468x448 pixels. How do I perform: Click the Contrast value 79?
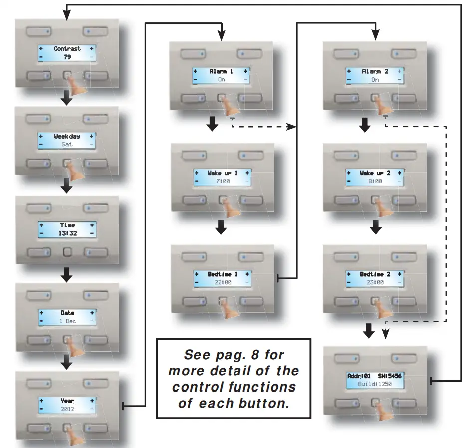pyautogui.click(x=67, y=57)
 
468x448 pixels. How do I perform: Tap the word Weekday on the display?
pyautogui.click(x=67, y=136)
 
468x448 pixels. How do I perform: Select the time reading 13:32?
pyautogui.click(x=67, y=233)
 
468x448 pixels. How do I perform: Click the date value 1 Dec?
pyautogui.click(x=67, y=321)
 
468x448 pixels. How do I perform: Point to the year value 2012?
pyautogui.click(x=67, y=409)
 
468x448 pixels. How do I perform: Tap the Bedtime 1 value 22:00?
pyautogui.click(x=222, y=282)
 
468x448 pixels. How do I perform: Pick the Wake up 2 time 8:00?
pyautogui.click(x=374, y=181)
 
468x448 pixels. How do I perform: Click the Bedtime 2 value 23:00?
pyautogui.click(x=374, y=282)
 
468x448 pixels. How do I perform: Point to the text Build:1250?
pyautogui.click(x=375, y=384)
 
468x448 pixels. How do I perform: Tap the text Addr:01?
pyautogui.click(x=359, y=376)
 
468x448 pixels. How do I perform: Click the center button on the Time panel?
pyautogui.click(x=67, y=252)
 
